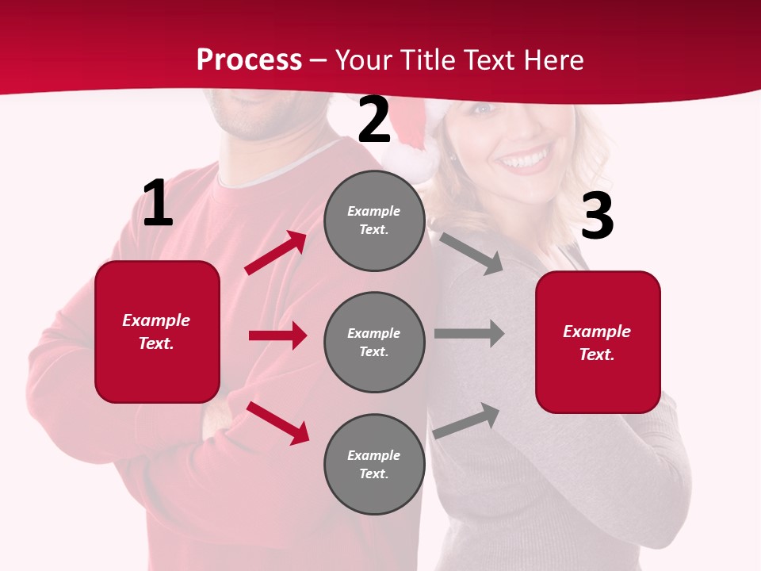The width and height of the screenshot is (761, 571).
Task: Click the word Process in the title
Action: click(249, 60)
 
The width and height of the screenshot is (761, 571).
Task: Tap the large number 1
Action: click(158, 204)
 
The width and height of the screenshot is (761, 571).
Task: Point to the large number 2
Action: click(374, 121)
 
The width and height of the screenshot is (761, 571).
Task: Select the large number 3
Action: click(597, 217)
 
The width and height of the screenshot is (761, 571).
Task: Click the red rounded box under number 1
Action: click(157, 331)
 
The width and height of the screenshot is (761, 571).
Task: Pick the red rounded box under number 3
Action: click(598, 342)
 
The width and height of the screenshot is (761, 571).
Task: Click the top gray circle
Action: click(374, 220)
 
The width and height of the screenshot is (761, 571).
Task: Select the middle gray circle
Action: click(374, 342)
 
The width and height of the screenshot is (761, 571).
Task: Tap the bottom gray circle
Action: click(374, 464)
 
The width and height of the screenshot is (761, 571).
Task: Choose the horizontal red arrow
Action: click(277, 335)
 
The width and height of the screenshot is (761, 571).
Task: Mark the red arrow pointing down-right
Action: click(277, 423)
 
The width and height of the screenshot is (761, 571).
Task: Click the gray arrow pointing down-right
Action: click(471, 253)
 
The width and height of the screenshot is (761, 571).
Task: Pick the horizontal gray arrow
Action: click(469, 334)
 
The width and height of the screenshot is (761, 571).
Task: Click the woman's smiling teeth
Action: click(526, 161)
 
